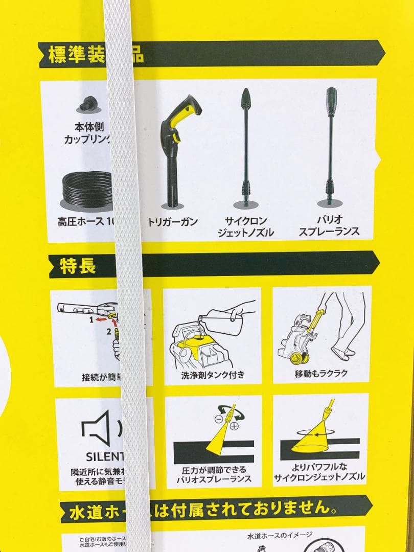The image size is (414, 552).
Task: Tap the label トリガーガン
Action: pos(173,222)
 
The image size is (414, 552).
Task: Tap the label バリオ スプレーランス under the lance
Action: pos(329,225)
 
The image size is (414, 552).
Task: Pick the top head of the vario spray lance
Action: pos(331,97)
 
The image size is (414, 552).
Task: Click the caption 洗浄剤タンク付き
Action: pos(213,375)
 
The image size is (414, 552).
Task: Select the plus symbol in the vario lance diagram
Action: pos(234,426)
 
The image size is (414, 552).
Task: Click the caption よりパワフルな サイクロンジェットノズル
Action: pos(319,472)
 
